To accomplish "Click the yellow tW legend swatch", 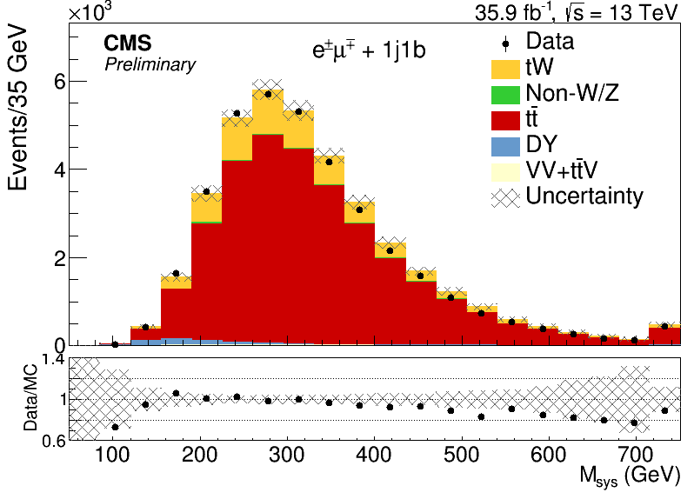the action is (x=505, y=70).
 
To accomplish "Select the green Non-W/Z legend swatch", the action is (x=505, y=95).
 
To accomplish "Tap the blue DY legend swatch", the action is (x=505, y=146).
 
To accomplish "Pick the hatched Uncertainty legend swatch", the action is (x=505, y=197).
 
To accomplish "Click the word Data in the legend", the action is (x=550, y=41).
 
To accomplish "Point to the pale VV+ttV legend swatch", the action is (x=505, y=172).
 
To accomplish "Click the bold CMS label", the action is (x=128, y=43).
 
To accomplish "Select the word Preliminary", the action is (x=150, y=65).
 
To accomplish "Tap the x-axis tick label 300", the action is (x=287, y=455).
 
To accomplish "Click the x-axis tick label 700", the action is (x=636, y=455).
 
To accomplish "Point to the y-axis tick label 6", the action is (x=60, y=82).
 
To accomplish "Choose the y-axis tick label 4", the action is (x=60, y=170).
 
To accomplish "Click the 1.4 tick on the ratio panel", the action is (x=54, y=360).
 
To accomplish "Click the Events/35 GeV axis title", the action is (x=17, y=109).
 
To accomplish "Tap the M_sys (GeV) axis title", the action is (x=630, y=477).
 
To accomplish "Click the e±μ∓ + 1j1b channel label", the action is (x=369, y=50).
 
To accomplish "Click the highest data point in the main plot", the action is (x=268, y=94).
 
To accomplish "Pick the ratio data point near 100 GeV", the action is (x=115, y=427).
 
